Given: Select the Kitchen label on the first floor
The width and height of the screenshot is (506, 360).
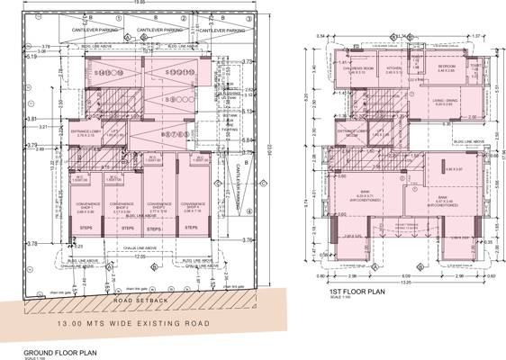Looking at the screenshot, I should pos(393,69).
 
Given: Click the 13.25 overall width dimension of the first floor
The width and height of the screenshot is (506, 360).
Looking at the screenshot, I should pos(406,280).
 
